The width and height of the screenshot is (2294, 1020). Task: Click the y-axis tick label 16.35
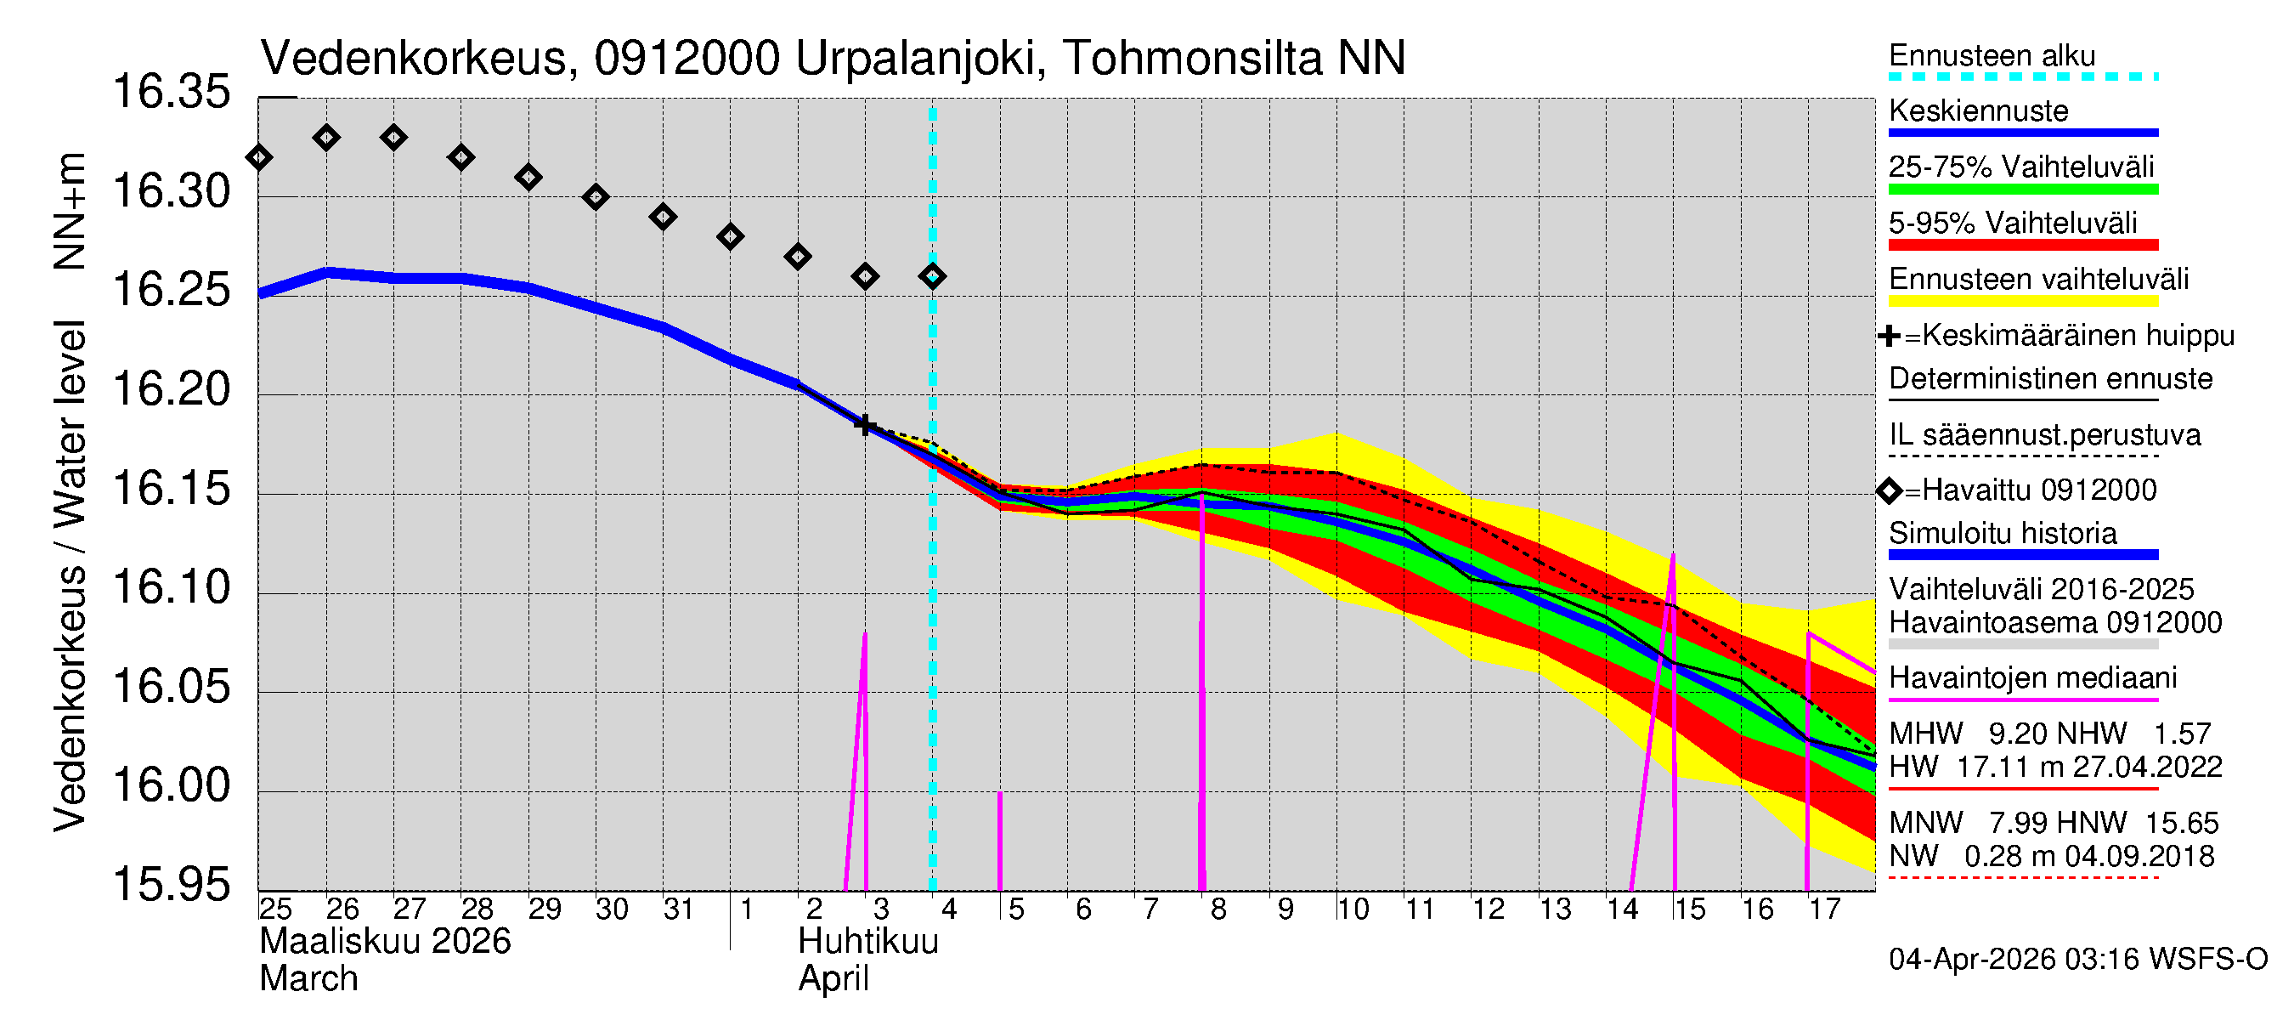tap(171, 93)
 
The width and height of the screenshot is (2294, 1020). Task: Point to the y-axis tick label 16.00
tap(171, 785)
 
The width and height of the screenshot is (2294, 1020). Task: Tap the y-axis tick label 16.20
tap(171, 390)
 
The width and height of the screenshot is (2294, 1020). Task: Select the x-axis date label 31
tap(679, 909)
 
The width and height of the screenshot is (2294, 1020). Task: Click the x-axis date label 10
tap(1352, 909)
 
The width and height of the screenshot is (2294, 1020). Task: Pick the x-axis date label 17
tap(1824, 909)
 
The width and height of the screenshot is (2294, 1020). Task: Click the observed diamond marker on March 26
tap(326, 137)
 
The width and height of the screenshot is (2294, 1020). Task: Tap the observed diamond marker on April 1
tap(730, 237)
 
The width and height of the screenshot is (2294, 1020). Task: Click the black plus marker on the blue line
tap(864, 425)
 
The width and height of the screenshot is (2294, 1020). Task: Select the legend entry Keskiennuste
tap(1978, 111)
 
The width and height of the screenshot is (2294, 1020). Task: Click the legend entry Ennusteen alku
tap(1992, 55)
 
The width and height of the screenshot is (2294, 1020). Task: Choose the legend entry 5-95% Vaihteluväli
tap(2013, 223)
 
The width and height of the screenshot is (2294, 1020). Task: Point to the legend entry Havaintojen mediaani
tap(2032, 678)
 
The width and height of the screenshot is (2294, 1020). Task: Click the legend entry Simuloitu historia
tap(2002, 534)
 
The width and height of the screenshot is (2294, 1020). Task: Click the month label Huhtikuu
tap(867, 942)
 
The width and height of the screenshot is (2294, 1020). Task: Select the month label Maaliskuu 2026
tap(385, 942)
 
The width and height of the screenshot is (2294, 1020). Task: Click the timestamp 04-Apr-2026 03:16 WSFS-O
tap(2077, 960)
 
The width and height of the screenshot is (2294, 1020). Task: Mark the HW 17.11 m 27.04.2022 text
tap(2054, 767)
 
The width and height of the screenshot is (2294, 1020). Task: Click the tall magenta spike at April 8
tap(1202, 694)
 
